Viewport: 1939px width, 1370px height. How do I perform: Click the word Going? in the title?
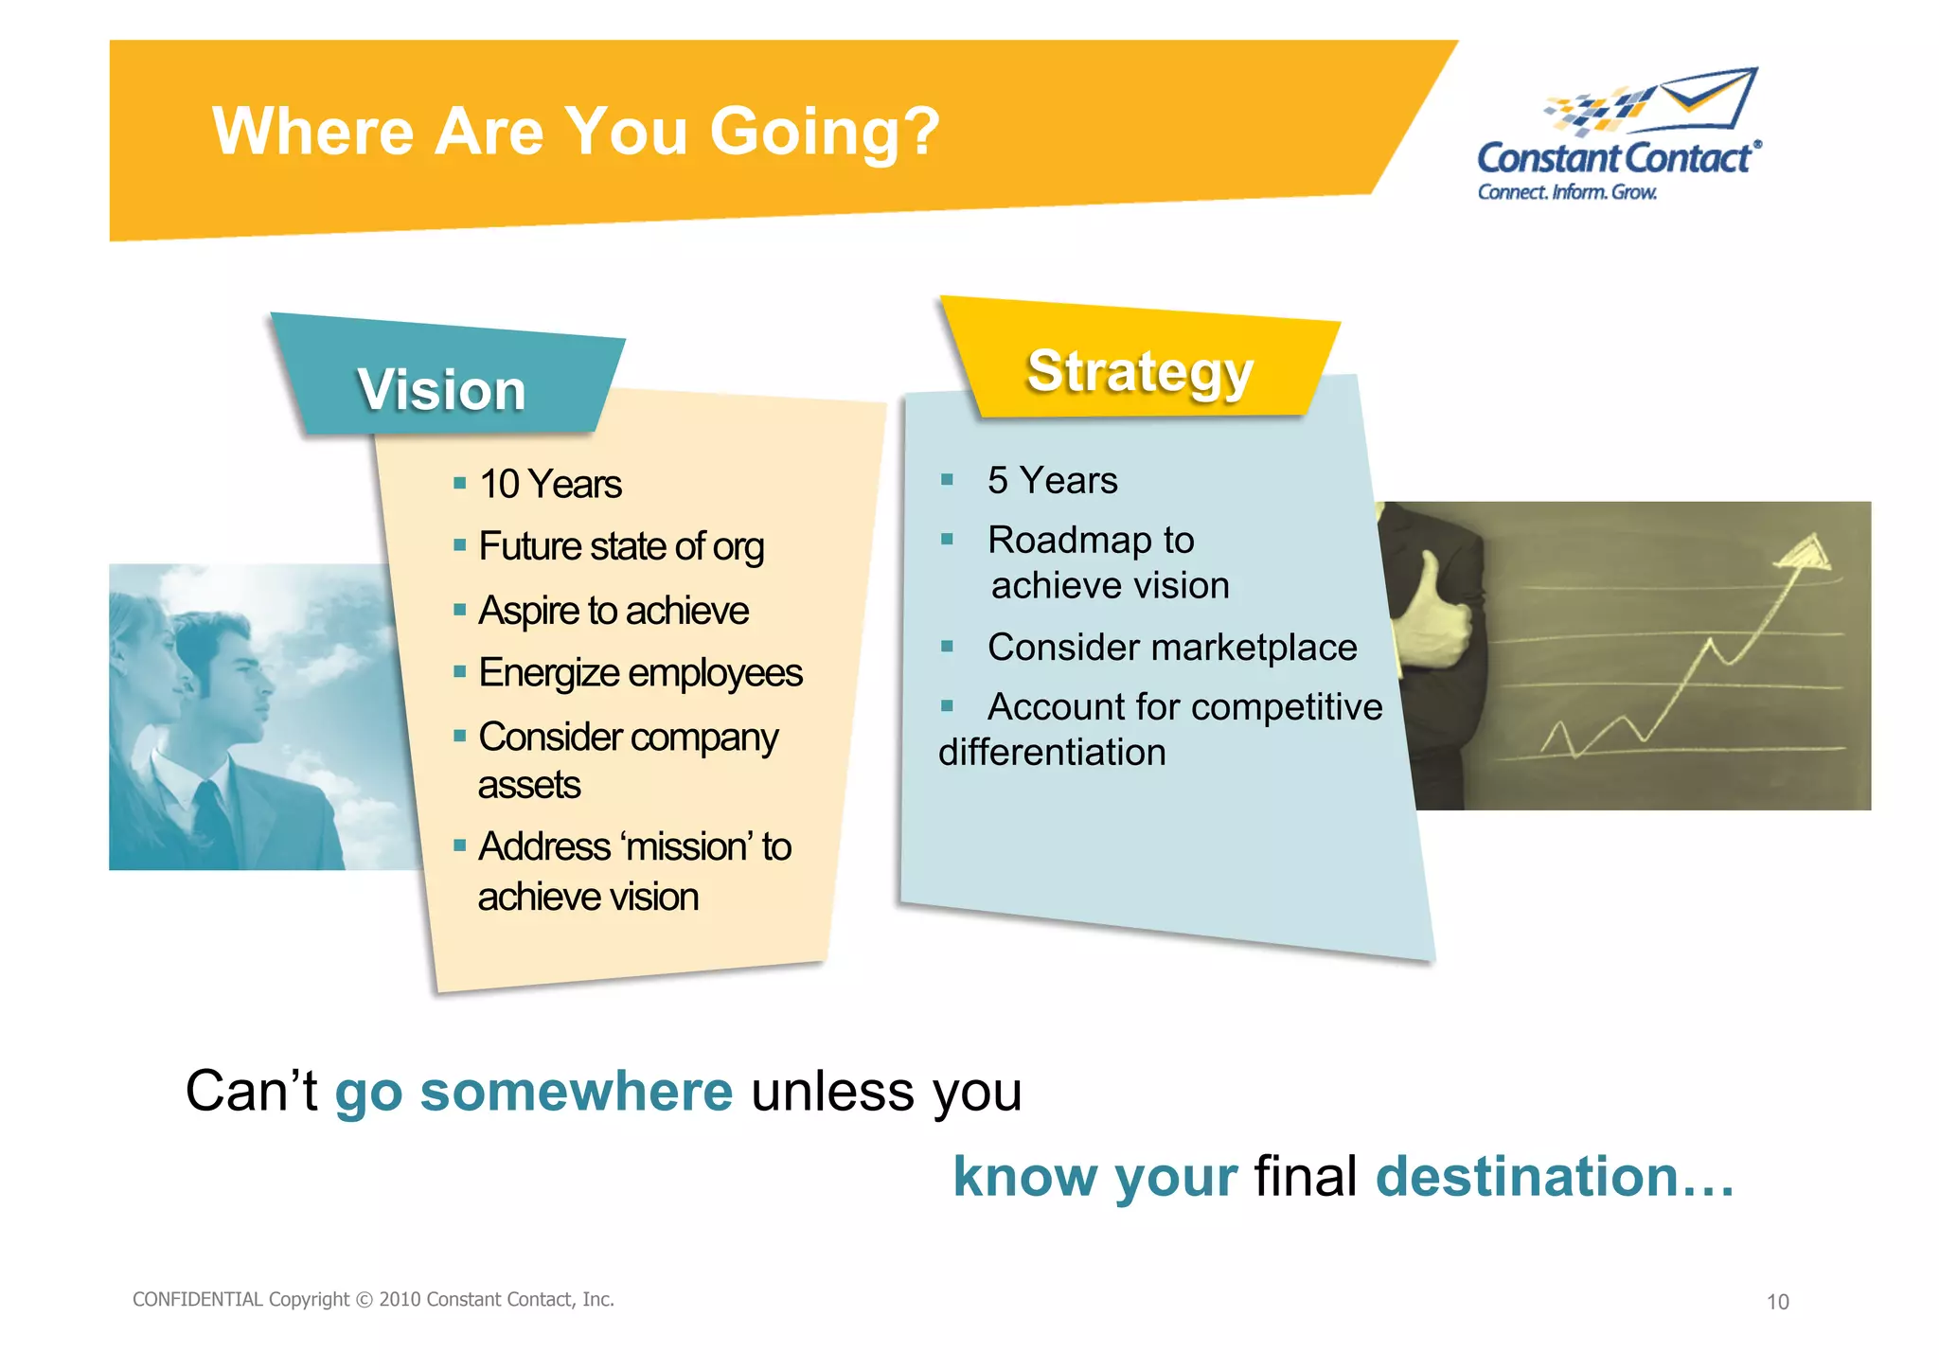824,133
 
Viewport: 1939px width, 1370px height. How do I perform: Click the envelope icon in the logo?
1709,98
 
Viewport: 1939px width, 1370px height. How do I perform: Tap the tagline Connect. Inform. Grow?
1567,192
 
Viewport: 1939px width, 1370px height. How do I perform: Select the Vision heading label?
441,390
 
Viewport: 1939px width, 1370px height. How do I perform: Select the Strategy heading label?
1140,371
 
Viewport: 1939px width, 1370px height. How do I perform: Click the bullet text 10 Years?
550,485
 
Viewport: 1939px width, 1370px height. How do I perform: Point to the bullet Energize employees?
640,673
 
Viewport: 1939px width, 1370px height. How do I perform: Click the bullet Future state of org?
621,547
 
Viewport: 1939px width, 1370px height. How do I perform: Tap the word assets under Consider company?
528,785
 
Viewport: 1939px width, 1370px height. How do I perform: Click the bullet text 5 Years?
1052,481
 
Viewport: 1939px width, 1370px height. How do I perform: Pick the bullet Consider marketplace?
1171,648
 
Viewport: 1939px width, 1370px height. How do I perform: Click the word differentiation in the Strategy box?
1052,753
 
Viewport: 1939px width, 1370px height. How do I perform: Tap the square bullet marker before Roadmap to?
947,540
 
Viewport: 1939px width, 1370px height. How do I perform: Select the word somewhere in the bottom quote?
576,1092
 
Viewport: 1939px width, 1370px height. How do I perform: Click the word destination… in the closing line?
1554,1177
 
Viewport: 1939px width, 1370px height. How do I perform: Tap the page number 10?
1777,1303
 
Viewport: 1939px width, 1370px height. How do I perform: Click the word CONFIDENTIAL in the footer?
197,1300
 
